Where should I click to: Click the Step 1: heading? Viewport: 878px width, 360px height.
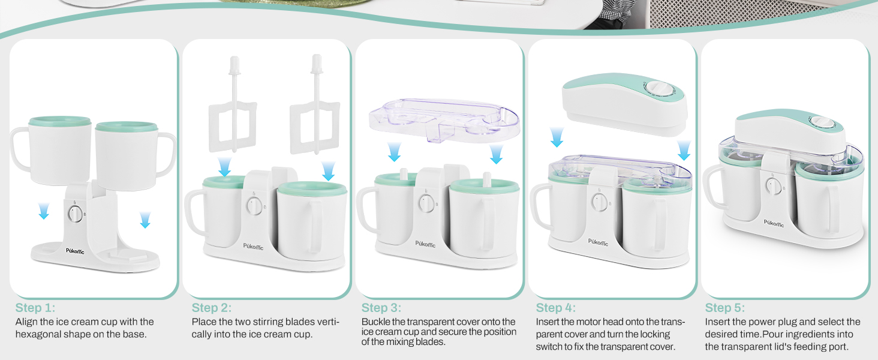[x=35, y=308]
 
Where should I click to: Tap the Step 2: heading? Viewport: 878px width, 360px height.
[x=212, y=308]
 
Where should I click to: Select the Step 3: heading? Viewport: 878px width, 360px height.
[x=381, y=308]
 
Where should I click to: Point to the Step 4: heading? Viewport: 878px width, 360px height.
[x=556, y=308]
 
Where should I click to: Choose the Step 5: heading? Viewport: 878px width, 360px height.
[x=725, y=308]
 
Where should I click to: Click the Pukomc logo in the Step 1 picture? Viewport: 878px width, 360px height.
[x=75, y=251]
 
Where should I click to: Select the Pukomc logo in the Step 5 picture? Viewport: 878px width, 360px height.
[x=774, y=223]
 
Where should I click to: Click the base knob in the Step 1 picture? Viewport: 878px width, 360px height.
[x=75, y=214]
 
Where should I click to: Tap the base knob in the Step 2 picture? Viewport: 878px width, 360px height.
[x=254, y=206]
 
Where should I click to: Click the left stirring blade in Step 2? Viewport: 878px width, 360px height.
[x=233, y=108]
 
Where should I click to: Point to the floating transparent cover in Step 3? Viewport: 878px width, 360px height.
[x=444, y=119]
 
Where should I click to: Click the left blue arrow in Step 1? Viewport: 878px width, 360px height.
[x=44, y=211]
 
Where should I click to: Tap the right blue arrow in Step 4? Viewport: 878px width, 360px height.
[x=684, y=151]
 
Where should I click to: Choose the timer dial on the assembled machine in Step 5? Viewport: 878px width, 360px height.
[x=822, y=123]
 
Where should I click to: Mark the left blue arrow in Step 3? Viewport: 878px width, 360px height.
[x=394, y=152]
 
